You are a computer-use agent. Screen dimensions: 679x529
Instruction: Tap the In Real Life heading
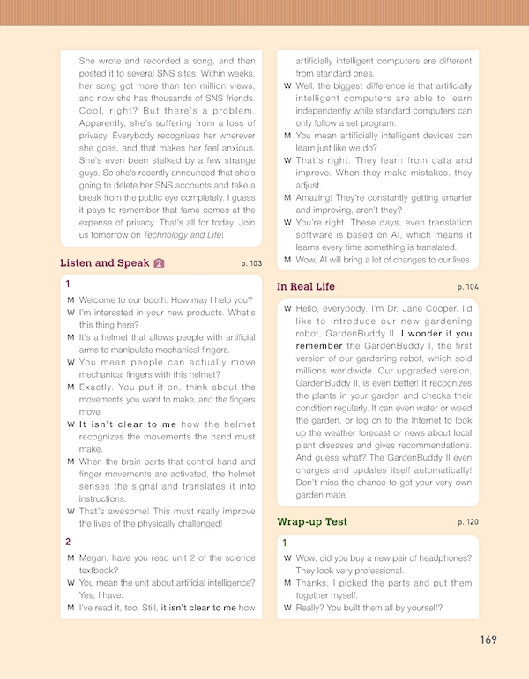click(x=306, y=286)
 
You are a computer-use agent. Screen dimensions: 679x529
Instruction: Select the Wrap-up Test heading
click(x=312, y=521)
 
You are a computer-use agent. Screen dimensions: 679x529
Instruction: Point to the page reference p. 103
click(x=251, y=263)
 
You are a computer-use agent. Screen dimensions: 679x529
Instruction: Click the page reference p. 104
click(x=468, y=287)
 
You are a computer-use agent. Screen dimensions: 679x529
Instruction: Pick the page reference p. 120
click(x=468, y=522)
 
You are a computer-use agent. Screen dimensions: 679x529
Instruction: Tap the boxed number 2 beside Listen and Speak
click(x=159, y=262)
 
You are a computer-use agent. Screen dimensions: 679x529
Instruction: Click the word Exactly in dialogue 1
click(x=95, y=387)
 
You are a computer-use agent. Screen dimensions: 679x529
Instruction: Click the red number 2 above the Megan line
click(x=69, y=542)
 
